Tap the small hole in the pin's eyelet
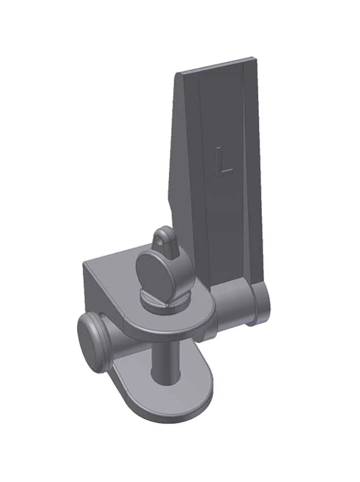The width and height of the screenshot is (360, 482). click(159, 242)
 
